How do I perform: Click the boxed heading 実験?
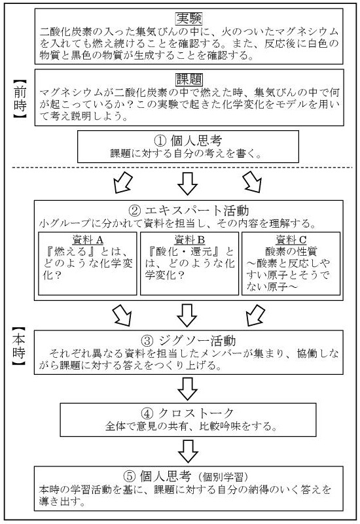coord(189,19)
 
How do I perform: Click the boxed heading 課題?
coord(189,80)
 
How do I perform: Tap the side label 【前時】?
coord(20,99)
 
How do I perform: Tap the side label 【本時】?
coord(19,347)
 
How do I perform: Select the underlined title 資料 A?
coord(88,240)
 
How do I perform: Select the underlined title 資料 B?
coord(190,240)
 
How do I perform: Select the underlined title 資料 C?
coord(291,240)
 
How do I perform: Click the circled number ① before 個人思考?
coord(160,141)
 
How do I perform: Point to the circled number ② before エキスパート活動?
coord(135,211)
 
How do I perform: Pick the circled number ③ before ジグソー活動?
coord(147,341)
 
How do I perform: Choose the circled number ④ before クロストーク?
coord(147,413)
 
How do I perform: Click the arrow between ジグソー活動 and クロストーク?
coord(187,389)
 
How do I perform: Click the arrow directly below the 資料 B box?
coord(187,315)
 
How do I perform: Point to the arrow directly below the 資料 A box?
coord(122,315)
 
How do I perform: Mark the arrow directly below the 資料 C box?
coord(255,315)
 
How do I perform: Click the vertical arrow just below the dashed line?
coord(187,183)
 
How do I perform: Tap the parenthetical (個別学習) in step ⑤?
coord(223,477)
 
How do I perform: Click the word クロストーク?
coord(196,413)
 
